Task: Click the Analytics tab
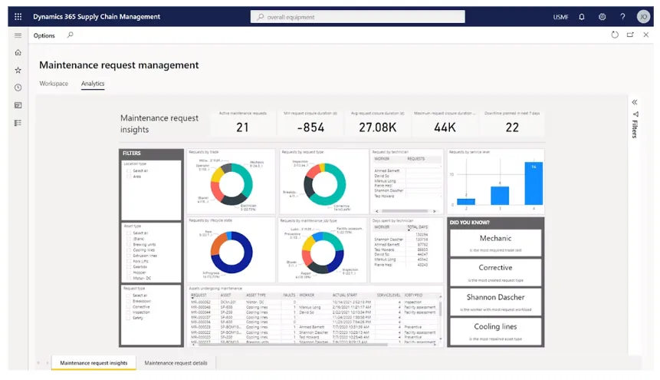[93, 84]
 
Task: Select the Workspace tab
[54, 84]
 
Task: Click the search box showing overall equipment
[357, 16]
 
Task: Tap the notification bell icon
[582, 16]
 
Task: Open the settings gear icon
[603, 16]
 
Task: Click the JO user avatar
[643, 16]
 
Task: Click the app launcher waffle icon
[18, 16]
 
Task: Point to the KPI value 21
[242, 127]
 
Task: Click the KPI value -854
[310, 127]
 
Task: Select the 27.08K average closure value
[377, 127]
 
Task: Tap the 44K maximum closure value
[445, 127]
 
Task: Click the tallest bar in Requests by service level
[533, 183]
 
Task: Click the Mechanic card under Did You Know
[495, 239]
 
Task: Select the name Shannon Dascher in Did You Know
[495, 297]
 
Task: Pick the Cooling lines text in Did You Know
[495, 327]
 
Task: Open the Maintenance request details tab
[176, 363]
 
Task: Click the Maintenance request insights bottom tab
[94, 363]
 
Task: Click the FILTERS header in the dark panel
[133, 154]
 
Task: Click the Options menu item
[44, 35]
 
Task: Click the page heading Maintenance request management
[119, 65]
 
